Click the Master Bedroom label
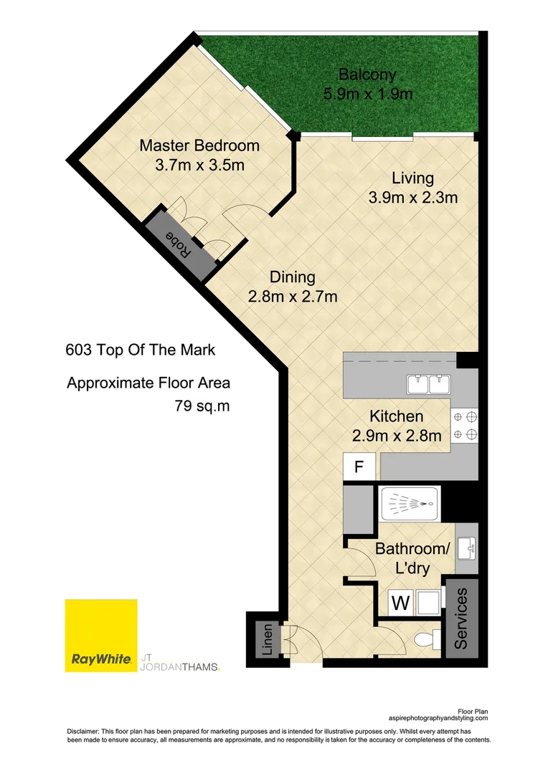199,146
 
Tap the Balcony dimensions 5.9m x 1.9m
367,94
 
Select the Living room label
412,178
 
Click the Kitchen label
396,416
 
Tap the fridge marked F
360,467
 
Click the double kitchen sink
428,385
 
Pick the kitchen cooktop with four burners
464,426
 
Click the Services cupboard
460,618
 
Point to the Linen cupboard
267,640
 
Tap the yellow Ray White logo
101,636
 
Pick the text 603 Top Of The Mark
140,351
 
